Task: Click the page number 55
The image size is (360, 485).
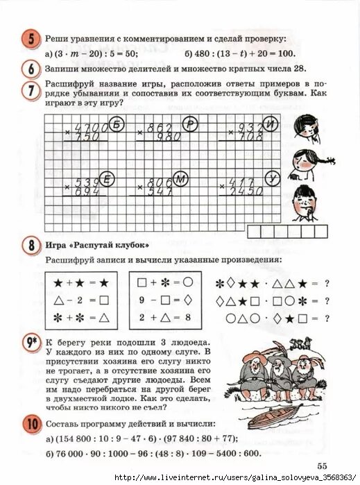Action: click(x=321, y=465)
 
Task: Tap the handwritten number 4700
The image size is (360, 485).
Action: click(x=90, y=127)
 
